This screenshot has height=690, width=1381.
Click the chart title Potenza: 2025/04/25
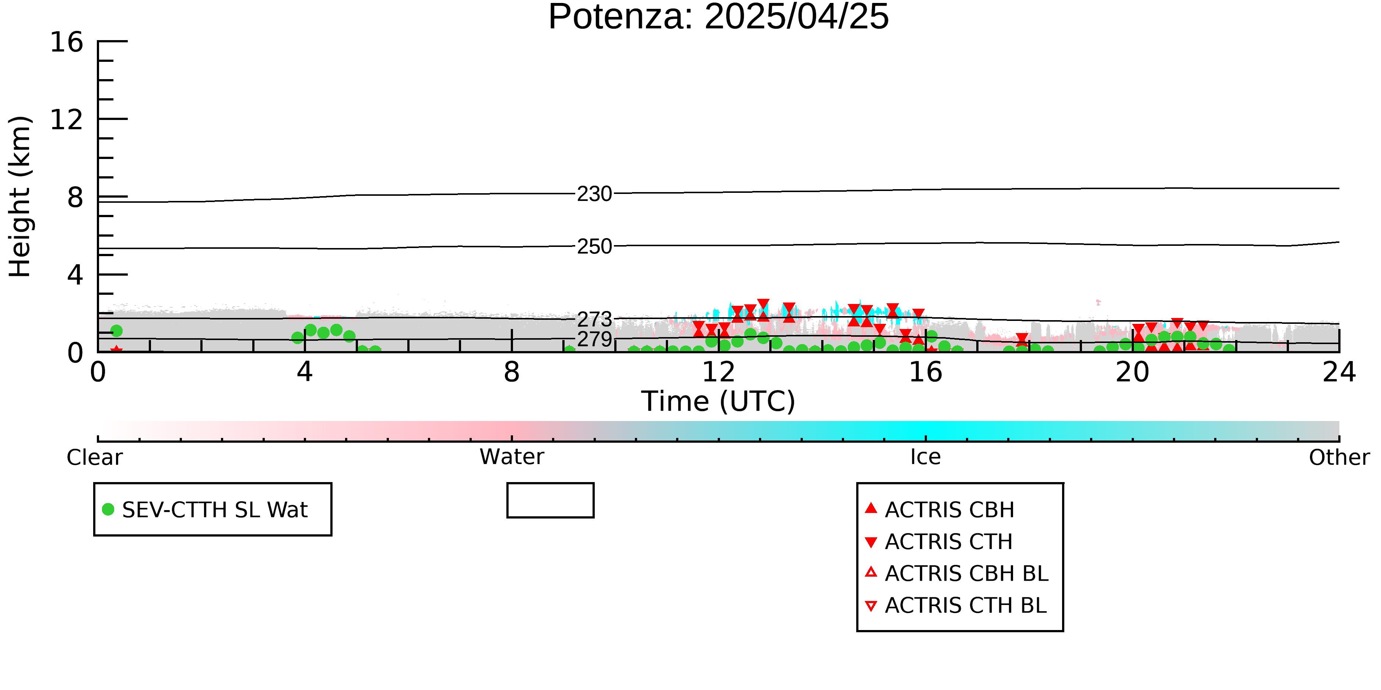pos(718,17)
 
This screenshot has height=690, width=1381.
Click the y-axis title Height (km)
pos(20,197)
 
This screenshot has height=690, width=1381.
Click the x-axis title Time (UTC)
pos(718,401)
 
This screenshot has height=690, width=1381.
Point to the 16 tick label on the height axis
pos(67,42)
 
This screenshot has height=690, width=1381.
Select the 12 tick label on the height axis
pos(67,120)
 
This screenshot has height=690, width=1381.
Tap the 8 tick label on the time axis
pos(512,372)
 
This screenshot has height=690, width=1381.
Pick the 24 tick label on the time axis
pos(1339,372)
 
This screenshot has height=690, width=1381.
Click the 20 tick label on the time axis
pos(1132,372)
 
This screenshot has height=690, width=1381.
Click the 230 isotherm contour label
pos(594,194)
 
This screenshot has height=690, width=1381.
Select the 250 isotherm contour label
pos(594,247)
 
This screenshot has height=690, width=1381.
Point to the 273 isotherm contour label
pos(594,319)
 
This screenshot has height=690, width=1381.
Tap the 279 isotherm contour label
pos(594,339)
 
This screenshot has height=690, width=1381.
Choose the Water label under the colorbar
pos(512,457)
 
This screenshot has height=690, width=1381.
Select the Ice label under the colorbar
pos(925,457)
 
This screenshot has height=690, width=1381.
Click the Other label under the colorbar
pos(1339,457)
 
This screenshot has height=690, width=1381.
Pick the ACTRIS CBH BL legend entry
pos(957,573)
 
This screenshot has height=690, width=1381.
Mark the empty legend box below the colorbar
pos(551,484)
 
